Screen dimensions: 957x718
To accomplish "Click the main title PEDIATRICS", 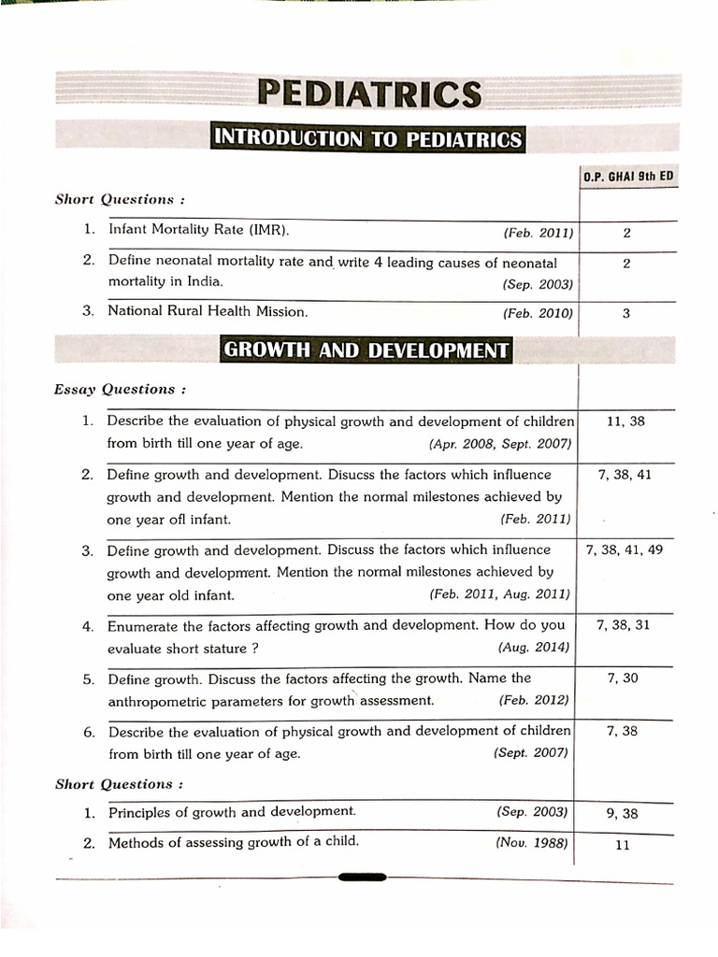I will (x=369, y=93).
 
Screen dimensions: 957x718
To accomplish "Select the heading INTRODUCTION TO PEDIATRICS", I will (x=368, y=139).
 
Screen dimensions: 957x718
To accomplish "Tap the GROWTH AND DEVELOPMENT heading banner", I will (x=366, y=350).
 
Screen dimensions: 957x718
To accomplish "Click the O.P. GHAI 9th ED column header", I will (x=628, y=175).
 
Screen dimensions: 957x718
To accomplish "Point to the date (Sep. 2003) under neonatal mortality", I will (x=538, y=283).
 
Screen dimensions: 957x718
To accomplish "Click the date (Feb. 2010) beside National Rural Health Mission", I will (x=538, y=313).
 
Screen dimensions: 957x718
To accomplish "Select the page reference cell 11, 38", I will (x=625, y=421).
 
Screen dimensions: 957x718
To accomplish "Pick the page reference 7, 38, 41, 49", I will (x=624, y=550).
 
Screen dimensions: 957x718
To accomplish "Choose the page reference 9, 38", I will (x=622, y=813).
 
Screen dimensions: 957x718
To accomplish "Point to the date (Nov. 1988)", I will (x=532, y=843).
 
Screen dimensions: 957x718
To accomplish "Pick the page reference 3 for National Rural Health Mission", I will (x=625, y=313).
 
